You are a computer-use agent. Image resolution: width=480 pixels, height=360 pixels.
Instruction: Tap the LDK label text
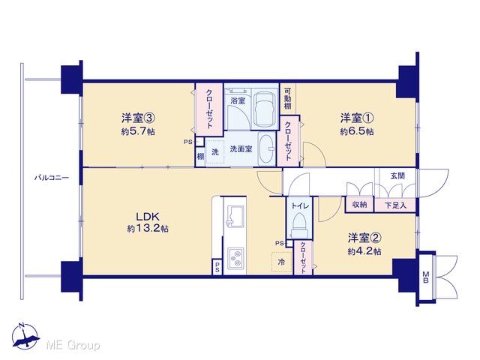click(x=148, y=217)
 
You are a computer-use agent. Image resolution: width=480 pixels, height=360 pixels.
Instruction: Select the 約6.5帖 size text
click(x=357, y=132)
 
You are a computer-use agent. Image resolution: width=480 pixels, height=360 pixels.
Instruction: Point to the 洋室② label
click(x=364, y=237)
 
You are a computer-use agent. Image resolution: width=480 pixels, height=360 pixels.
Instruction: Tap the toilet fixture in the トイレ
click(x=300, y=226)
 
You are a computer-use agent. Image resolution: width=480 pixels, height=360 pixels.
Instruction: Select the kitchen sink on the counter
click(x=235, y=215)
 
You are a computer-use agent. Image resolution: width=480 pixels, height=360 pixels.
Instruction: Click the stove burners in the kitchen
click(x=235, y=257)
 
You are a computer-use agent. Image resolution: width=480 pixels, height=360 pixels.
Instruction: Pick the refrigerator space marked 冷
click(x=282, y=262)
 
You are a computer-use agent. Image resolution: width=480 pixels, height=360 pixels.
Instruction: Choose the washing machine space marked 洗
click(x=215, y=151)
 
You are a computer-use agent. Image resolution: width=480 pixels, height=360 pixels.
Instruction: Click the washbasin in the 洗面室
click(x=267, y=149)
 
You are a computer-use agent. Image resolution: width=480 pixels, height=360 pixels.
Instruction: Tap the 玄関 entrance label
click(x=397, y=175)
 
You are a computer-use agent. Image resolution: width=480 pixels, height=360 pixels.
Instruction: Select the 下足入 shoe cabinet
click(x=395, y=205)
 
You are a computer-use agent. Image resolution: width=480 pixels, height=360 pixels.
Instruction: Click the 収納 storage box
click(x=360, y=205)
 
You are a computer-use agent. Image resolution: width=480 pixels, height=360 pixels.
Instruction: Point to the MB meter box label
click(x=425, y=277)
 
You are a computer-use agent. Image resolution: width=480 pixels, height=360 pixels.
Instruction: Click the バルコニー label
click(x=52, y=178)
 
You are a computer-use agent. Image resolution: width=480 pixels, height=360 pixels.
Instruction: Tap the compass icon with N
click(x=25, y=336)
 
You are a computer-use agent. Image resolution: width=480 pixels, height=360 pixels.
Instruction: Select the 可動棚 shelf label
click(x=288, y=98)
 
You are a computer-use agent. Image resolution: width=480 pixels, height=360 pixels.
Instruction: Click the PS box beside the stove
click(x=217, y=267)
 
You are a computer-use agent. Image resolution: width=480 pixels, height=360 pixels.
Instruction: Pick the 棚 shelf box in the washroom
click(x=200, y=157)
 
